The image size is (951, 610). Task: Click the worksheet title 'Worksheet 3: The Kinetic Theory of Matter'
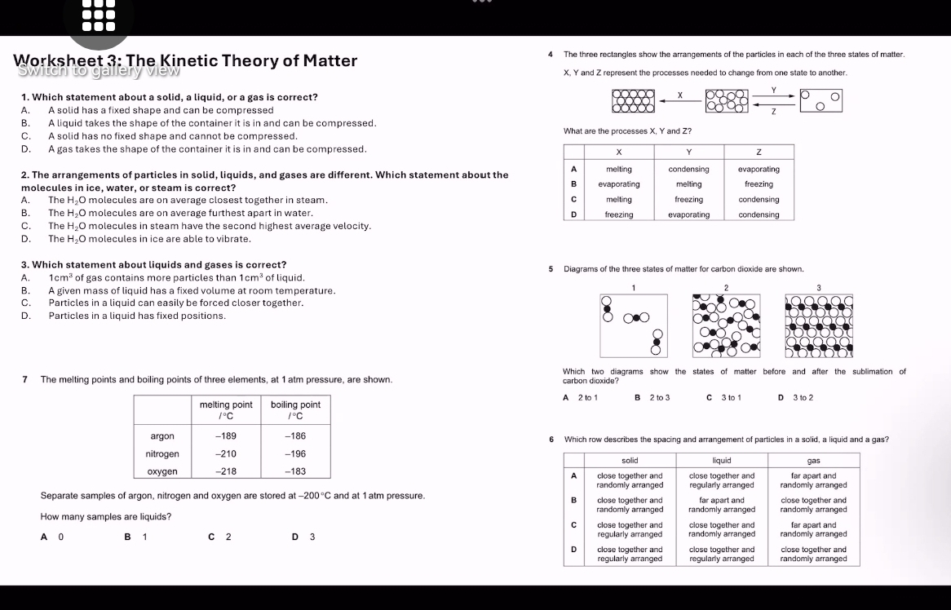point(185,60)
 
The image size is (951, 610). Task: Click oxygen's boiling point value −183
point(294,471)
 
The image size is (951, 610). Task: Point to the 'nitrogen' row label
point(161,454)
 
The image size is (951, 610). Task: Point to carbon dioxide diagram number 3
point(818,325)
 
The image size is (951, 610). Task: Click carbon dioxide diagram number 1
point(634,325)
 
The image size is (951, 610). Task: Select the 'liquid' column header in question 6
point(722,461)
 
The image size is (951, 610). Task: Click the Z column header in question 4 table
point(759,152)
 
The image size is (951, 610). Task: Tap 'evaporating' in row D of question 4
point(688,215)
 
